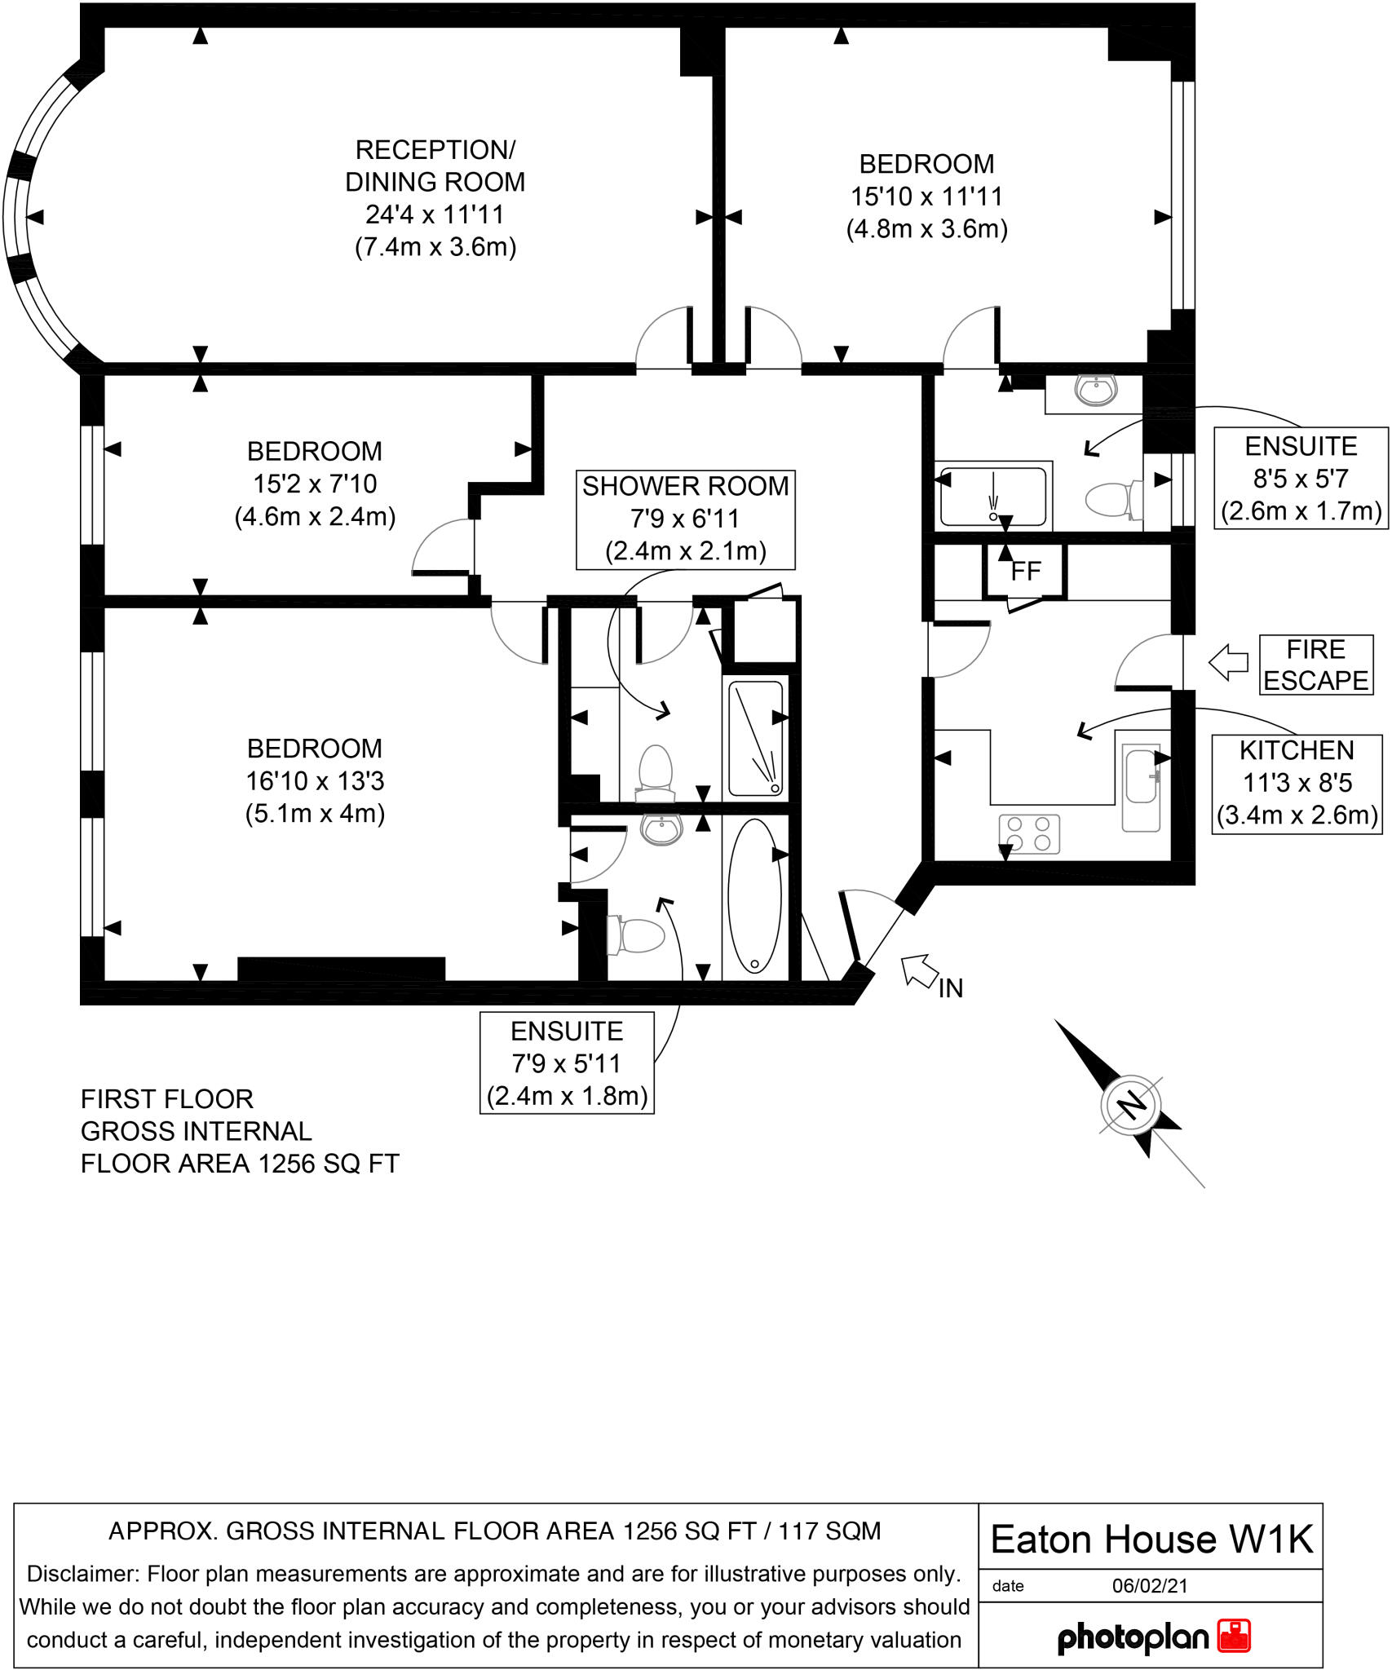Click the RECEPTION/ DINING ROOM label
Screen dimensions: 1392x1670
[435, 166]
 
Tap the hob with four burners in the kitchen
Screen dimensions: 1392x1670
[1029, 834]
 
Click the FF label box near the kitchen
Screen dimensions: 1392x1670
[1025, 571]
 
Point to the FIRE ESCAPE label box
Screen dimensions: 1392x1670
[1315, 665]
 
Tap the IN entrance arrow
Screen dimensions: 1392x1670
[919, 970]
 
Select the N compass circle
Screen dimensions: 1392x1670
[1131, 1106]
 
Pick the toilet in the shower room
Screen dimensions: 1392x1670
[656, 771]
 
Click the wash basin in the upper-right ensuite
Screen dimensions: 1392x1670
[1096, 391]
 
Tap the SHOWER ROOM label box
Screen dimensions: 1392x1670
[685, 519]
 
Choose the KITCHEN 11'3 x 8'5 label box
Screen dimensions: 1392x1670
[1297, 784]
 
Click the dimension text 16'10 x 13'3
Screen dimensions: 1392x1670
[315, 781]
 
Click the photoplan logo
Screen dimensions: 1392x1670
[1154, 1637]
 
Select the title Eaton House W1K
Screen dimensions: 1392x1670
[1151, 1540]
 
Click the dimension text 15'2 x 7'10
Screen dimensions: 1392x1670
[315, 484]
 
